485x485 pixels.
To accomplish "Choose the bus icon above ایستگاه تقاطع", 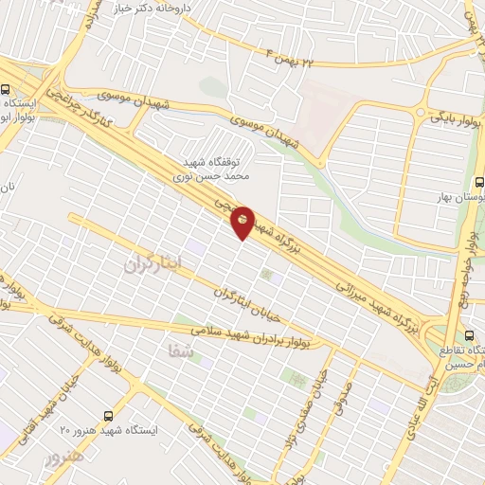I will click(x=471, y=335).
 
